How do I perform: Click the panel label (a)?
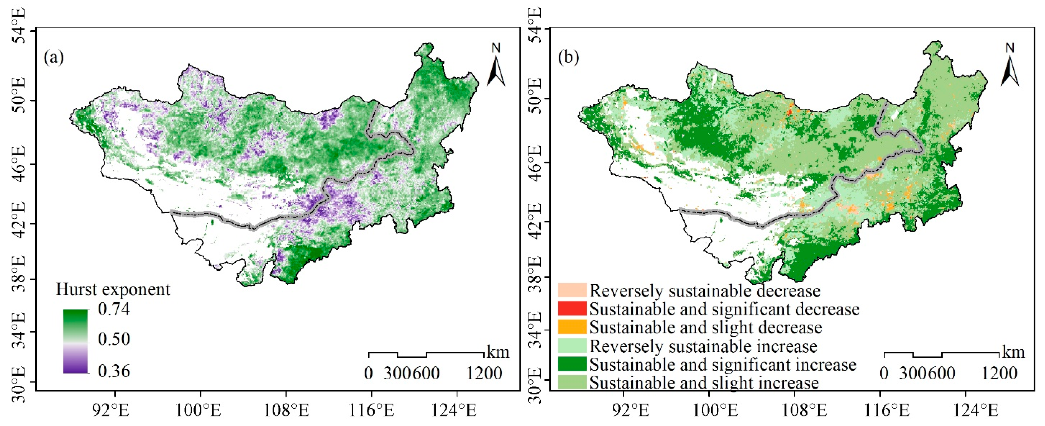pyautogui.click(x=54, y=58)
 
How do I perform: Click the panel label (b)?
pyautogui.click(x=568, y=58)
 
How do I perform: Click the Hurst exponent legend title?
pyautogui.click(x=113, y=290)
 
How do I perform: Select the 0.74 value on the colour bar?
pyautogui.click(x=114, y=309)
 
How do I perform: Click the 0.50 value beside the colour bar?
pyautogui.click(x=114, y=339)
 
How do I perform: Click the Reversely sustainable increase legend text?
pyautogui.click(x=703, y=346)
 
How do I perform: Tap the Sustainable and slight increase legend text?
pyautogui.click(x=704, y=382)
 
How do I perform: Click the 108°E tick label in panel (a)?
pyautogui.click(x=286, y=411)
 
